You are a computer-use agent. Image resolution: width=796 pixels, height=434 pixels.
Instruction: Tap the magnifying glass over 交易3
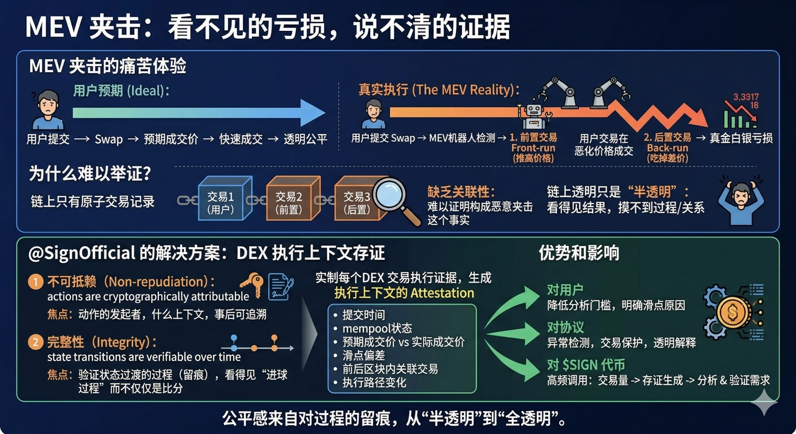pyautogui.click(x=393, y=197)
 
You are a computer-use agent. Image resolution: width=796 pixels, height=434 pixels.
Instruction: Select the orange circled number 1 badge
pyautogui.click(x=36, y=282)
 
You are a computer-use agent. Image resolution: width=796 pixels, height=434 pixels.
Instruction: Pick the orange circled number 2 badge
pyautogui.click(x=36, y=342)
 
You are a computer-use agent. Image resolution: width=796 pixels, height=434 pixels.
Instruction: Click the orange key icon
pyautogui.click(x=253, y=284)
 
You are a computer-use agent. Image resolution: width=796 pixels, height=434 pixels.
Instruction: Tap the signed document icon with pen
pyautogui.click(x=280, y=286)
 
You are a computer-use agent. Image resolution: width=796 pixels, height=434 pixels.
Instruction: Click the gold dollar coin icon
pyautogui.click(x=733, y=312)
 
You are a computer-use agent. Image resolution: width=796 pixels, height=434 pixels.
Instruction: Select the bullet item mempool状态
pyautogui.click(x=377, y=329)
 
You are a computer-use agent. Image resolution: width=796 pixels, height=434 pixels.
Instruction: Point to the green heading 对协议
pyautogui.click(x=565, y=328)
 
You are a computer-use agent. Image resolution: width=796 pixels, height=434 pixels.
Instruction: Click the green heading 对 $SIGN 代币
pyautogui.click(x=586, y=365)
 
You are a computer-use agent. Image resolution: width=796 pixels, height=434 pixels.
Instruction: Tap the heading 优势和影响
pyautogui.click(x=579, y=253)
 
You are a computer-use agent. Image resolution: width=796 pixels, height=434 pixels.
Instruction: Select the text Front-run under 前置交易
pyautogui.click(x=533, y=148)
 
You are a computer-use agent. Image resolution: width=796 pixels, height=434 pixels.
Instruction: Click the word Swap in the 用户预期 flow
pyautogui.click(x=109, y=139)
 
